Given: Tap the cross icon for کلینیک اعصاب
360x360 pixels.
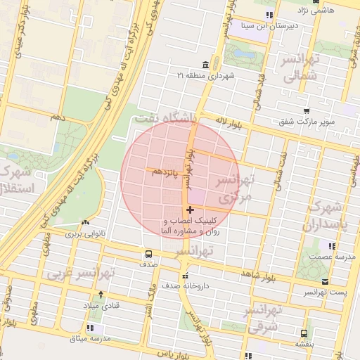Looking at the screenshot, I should (x=191, y=210).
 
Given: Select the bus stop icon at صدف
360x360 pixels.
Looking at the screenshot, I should (x=148, y=254).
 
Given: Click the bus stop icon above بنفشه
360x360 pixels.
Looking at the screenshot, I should (x=304, y=334).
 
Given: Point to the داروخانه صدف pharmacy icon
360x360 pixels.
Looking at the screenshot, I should (x=186, y=275).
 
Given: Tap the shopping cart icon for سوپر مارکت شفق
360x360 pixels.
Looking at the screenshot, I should (x=306, y=111).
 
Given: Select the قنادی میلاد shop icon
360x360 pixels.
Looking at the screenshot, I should (x=101, y=295).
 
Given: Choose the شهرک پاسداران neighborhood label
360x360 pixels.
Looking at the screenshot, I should (x=324, y=217).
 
